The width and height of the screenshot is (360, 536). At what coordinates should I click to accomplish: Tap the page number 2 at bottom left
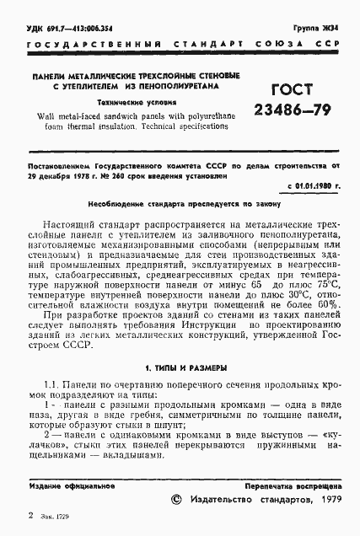pos(30,512)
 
